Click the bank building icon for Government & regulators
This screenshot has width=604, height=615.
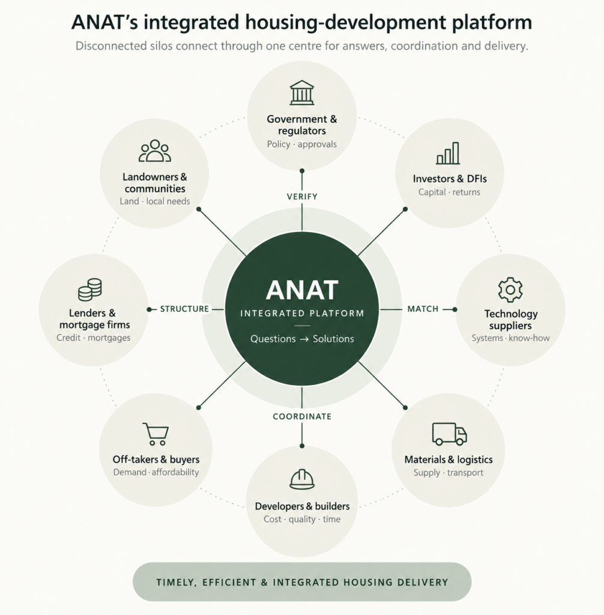(302, 92)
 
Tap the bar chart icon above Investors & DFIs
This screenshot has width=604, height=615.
(448, 153)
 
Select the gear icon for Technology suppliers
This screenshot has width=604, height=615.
(510, 289)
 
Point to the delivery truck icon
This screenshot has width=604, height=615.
(450, 434)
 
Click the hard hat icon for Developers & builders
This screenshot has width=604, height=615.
(302, 479)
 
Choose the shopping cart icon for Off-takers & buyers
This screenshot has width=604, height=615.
(156, 434)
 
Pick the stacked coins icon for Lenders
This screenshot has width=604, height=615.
(90, 289)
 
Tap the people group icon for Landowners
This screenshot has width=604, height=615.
(155, 151)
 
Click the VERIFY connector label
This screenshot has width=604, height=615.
(302, 196)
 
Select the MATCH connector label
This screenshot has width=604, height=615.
(423, 309)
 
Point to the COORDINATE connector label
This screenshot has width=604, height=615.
(302, 417)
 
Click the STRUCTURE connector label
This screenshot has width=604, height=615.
(184, 309)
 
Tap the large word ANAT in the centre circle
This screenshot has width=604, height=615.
(302, 290)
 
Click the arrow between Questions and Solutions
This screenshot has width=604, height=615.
(304, 339)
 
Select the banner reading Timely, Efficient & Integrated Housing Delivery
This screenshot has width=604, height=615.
(302, 582)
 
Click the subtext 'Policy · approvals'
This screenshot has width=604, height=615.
(301, 144)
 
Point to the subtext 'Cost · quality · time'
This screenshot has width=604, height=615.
(302, 520)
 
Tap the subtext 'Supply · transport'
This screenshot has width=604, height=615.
(448, 473)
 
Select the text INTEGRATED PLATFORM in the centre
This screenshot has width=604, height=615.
(302, 314)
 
